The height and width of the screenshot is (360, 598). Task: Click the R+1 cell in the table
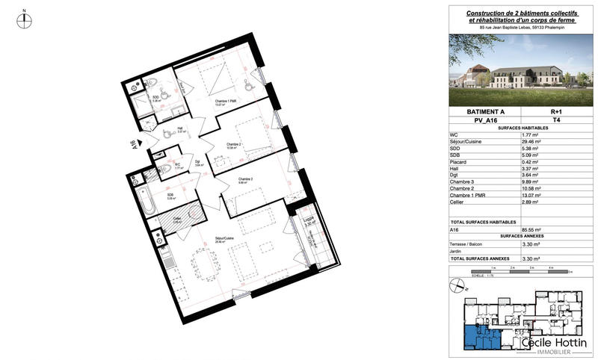(555, 111)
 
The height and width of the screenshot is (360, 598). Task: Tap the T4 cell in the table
(555, 120)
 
